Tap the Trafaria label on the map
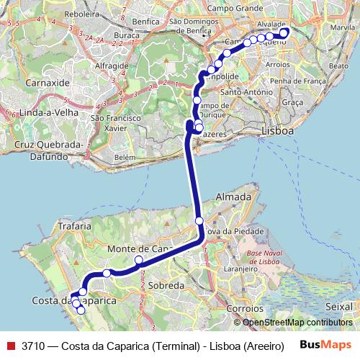click(x=72, y=225)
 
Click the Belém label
click(x=125, y=157)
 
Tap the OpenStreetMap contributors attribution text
click(x=297, y=323)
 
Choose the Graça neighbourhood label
click(x=292, y=102)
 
